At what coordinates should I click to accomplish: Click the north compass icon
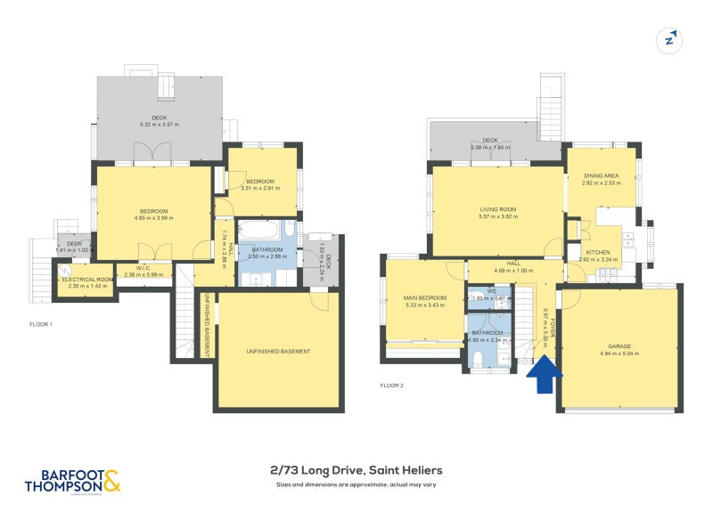[x=669, y=39]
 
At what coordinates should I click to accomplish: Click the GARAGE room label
[x=620, y=347]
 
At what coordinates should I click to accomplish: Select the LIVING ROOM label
[x=497, y=209]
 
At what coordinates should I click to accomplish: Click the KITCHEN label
[x=598, y=252]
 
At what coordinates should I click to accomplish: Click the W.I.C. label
[x=143, y=268]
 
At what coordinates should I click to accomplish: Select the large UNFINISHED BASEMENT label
[x=278, y=351]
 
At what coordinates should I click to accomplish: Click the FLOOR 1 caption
[x=40, y=324]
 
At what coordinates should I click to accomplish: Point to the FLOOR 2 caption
[x=391, y=386]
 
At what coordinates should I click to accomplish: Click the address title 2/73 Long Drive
[x=356, y=470]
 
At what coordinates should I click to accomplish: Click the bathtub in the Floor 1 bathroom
[x=260, y=232]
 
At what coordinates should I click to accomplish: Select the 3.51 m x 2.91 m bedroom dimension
[x=260, y=189]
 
